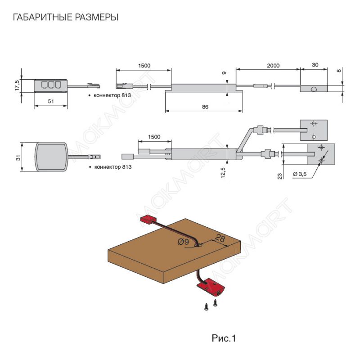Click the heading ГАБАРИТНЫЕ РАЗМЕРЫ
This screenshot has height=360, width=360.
click(66, 18)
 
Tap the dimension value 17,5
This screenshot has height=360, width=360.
click(17, 85)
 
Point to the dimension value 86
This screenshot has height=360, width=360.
click(206, 108)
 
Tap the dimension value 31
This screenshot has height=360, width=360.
click(18, 157)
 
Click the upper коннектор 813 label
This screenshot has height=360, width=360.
click(109, 96)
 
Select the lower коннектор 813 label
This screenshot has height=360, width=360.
click(109, 167)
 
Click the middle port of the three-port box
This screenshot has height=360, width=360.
click(51, 84)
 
